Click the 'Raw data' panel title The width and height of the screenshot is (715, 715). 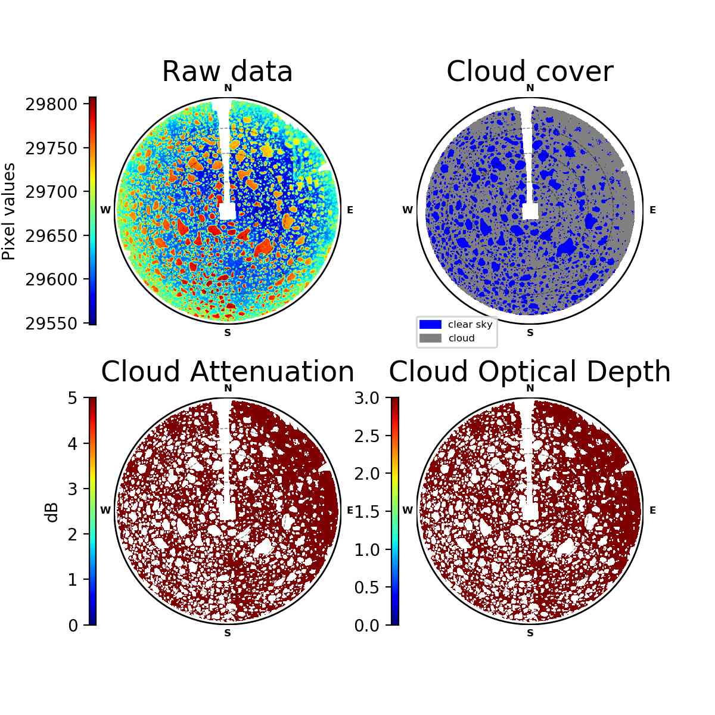click(x=228, y=71)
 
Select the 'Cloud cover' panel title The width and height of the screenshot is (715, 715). click(x=530, y=71)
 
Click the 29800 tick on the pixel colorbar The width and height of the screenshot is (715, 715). click(x=51, y=105)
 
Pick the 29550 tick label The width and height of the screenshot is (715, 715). click(x=51, y=324)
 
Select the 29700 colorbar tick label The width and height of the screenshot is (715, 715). click(x=51, y=192)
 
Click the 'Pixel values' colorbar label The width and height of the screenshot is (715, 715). click(x=8, y=212)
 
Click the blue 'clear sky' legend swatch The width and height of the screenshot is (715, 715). click(x=430, y=324)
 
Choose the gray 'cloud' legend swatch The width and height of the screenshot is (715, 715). click(x=430, y=338)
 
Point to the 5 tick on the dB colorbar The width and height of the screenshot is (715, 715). click(x=73, y=398)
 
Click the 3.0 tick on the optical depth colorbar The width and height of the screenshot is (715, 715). click(x=366, y=398)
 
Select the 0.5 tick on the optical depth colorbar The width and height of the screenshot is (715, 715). click(x=366, y=587)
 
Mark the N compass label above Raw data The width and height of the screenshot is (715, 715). click(x=228, y=88)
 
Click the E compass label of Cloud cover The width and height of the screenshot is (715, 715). click(x=652, y=210)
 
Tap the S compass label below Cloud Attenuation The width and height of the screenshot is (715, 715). click(x=228, y=633)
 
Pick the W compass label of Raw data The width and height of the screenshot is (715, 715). click(x=105, y=210)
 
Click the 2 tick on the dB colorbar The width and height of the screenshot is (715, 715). click(x=73, y=534)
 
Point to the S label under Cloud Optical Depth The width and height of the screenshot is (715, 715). click(x=530, y=633)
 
